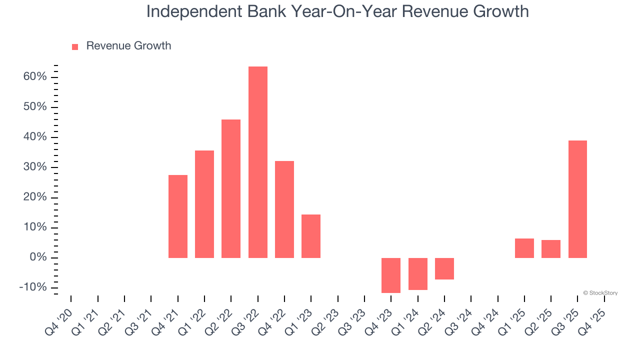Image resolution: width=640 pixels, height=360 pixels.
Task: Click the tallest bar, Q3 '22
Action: pyautogui.click(x=258, y=162)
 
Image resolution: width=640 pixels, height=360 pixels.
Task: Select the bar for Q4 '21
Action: pyautogui.click(x=178, y=216)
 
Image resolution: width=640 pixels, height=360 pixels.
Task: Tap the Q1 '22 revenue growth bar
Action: pyautogui.click(x=204, y=204)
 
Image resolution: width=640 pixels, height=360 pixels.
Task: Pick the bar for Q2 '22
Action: pyautogui.click(x=231, y=188)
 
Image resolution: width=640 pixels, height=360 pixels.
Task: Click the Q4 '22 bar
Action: pyautogui.click(x=284, y=209)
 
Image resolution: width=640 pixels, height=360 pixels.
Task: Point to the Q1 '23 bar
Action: pyautogui.click(x=311, y=236)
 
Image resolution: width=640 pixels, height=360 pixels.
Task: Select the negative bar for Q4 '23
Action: pyautogui.click(x=391, y=275)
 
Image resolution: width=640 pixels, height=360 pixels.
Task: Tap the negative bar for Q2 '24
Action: pyautogui.click(x=444, y=268)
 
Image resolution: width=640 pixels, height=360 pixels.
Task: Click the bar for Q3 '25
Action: pyautogui.click(x=577, y=199)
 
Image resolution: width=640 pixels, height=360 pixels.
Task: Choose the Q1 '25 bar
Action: pyautogui.click(x=524, y=248)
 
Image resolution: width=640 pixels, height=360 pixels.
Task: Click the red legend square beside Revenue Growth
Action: pyautogui.click(x=75, y=46)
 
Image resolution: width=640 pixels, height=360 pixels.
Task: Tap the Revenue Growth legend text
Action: pyautogui.click(x=128, y=46)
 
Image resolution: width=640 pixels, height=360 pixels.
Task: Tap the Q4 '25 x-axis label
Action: pyautogui.click(x=594, y=320)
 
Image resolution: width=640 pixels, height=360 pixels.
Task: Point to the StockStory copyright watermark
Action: pyautogui.click(x=600, y=293)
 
